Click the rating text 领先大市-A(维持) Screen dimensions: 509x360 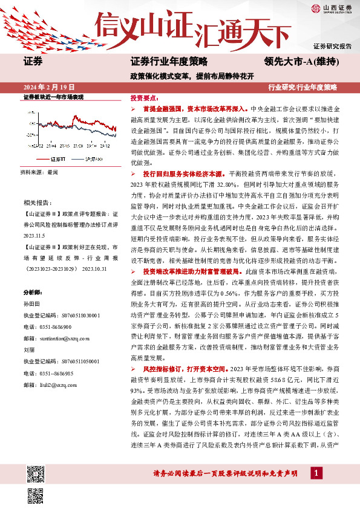(301, 61)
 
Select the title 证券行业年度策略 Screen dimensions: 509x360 (169, 61)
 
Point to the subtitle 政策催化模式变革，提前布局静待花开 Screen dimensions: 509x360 (191, 76)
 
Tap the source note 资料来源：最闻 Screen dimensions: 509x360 (39, 172)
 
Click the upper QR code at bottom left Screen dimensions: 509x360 (36, 472)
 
